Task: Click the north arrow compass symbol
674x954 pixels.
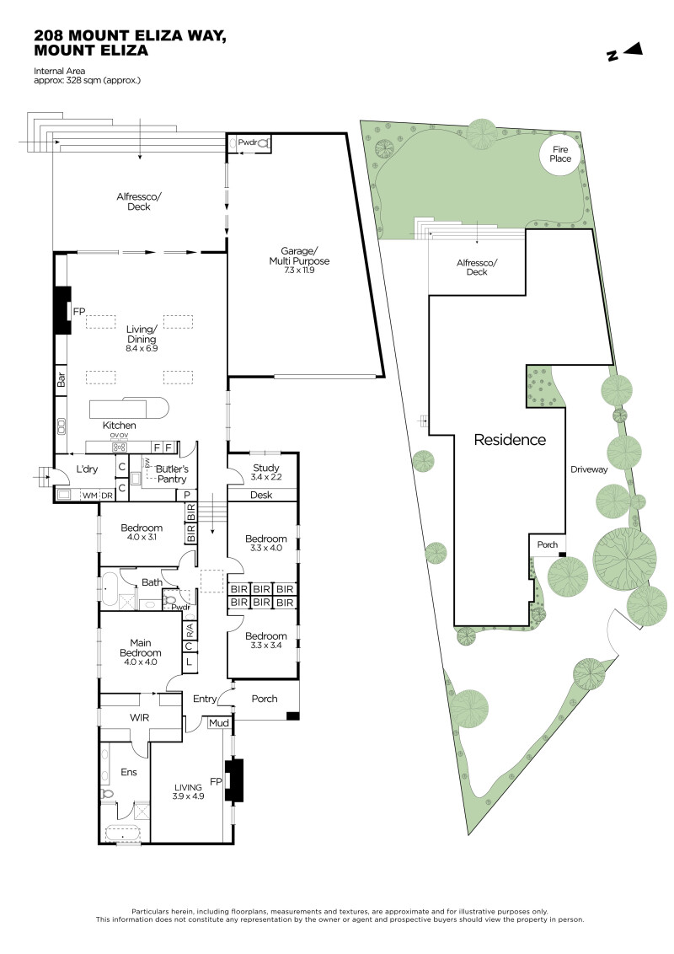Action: (625, 51)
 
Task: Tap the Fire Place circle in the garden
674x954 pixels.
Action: (560, 154)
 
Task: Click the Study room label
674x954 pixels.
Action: (266, 468)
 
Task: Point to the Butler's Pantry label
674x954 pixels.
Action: (172, 474)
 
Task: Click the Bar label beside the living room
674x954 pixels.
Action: (61, 379)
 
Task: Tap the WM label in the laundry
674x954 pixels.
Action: (90, 496)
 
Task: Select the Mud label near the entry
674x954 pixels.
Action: (219, 723)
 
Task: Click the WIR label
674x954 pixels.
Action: (139, 718)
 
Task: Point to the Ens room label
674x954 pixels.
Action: (128, 772)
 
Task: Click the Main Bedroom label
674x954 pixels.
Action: (141, 647)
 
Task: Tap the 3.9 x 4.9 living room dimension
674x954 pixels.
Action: (188, 796)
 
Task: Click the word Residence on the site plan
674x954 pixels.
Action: (510, 439)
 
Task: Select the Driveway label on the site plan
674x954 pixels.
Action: (589, 469)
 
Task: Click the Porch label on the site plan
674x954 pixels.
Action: (548, 544)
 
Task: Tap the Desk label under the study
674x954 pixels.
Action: (261, 495)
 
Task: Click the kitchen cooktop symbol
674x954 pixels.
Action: (119, 448)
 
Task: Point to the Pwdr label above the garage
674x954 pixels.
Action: (248, 142)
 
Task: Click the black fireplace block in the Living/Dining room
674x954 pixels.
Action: (62, 310)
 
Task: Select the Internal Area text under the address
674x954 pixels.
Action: (60, 71)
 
